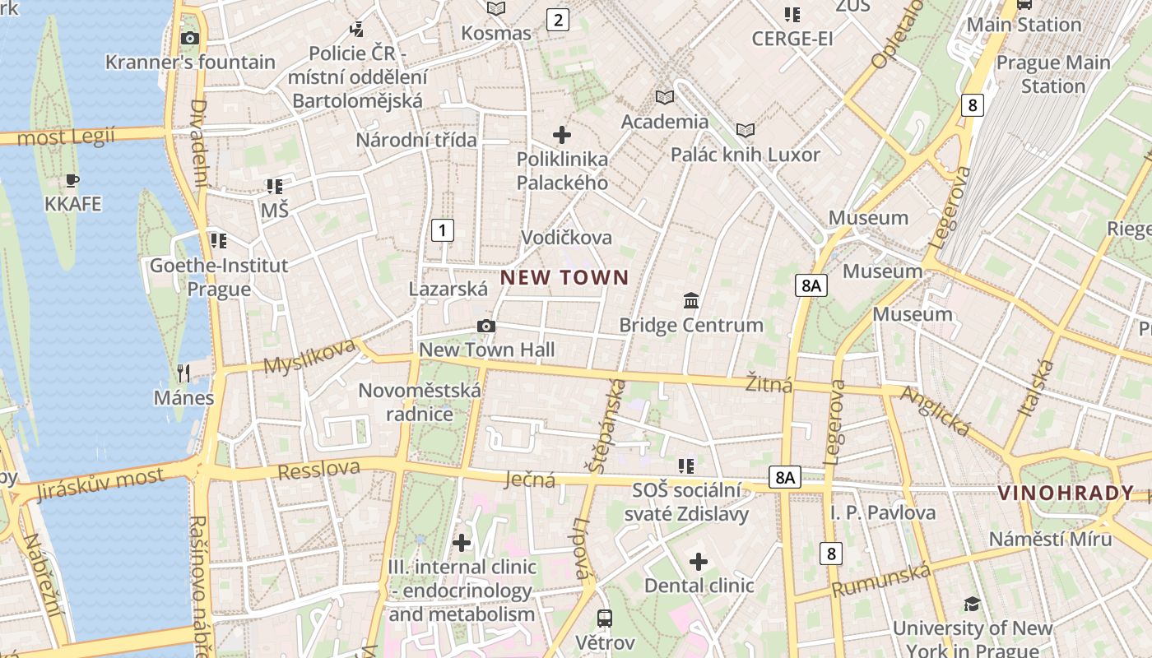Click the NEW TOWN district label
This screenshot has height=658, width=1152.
(x=564, y=278)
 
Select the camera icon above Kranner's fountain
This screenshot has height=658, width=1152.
(x=190, y=38)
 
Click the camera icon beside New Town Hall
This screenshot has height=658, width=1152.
(x=486, y=327)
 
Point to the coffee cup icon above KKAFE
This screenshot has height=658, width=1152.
(x=72, y=180)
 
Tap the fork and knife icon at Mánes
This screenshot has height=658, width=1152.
(x=183, y=373)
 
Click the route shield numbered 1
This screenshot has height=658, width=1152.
(x=443, y=230)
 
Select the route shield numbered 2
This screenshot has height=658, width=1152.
(x=558, y=20)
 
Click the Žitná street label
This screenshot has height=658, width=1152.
(x=769, y=383)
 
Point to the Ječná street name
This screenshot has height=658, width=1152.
(x=530, y=480)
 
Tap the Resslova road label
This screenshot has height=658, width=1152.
(x=319, y=470)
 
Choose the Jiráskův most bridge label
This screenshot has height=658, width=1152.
(x=100, y=480)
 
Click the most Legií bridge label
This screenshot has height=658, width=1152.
(x=66, y=137)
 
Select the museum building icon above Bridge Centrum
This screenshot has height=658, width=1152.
(x=691, y=301)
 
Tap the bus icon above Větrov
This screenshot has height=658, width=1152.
(x=605, y=619)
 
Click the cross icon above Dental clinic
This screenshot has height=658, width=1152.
(x=699, y=562)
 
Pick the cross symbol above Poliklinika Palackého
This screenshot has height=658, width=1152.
(x=562, y=134)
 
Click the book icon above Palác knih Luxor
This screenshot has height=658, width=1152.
(x=746, y=131)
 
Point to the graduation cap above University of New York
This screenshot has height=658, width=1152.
(x=972, y=605)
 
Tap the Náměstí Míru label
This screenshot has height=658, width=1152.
(x=1050, y=539)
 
